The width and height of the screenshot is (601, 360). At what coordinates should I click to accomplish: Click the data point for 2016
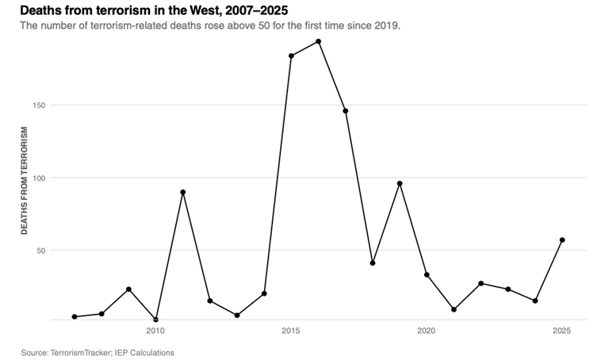coord(318,41)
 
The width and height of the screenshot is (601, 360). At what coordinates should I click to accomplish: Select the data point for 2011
coord(183,192)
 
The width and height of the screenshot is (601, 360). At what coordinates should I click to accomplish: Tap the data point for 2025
coord(562,240)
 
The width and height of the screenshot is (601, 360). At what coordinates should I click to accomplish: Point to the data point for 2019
coord(400,183)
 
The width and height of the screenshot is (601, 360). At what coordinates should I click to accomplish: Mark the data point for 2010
coord(155,320)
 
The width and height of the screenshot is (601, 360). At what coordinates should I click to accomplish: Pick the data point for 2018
coord(373,263)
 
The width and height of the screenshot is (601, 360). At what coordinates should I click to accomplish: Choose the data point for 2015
coord(291,56)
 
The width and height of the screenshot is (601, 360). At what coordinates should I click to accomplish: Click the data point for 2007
coord(75,316)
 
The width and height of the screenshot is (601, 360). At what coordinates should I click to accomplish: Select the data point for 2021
coord(454,309)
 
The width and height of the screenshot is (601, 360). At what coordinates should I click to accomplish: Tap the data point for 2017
coord(346,111)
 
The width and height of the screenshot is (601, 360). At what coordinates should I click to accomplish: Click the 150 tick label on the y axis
coord(40,105)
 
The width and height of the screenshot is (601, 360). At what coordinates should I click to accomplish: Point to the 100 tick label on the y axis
coord(40,178)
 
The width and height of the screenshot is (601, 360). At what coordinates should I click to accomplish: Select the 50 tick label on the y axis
coord(41,251)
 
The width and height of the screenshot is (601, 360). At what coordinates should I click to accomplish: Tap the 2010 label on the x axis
coord(155,331)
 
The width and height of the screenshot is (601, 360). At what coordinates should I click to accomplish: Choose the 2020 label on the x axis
coord(427,331)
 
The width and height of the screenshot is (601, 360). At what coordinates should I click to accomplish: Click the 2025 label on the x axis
coord(562,331)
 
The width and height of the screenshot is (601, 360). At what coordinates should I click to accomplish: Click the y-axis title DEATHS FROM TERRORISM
coord(25,181)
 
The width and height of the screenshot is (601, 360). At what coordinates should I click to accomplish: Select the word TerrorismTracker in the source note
coord(81,353)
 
